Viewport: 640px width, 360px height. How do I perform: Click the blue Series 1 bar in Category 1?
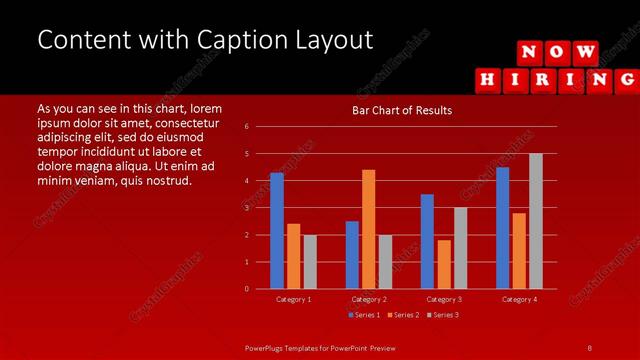coord(276,231)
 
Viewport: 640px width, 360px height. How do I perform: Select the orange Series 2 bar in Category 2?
coord(368,229)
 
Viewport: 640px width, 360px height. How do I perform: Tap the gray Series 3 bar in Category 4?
coord(535,221)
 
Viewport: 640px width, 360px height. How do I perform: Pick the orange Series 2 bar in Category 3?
coord(444,264)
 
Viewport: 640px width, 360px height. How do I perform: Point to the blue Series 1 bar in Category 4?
coord(502,228)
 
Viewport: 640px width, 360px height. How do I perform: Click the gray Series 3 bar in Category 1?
coord(310,262)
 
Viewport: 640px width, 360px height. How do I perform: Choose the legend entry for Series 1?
coord(362,315)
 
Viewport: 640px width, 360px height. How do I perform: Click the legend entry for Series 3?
coord(442,315)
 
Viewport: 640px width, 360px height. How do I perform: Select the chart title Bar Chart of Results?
coord(401,110)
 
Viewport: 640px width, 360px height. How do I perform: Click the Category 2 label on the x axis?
coord(368,299)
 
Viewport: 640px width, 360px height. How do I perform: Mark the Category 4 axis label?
coord(518,299)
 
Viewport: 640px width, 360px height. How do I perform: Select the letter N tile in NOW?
coord(531,52)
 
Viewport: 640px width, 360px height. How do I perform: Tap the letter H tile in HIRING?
coord(487,78)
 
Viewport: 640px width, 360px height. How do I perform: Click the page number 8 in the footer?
coord(589,347)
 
